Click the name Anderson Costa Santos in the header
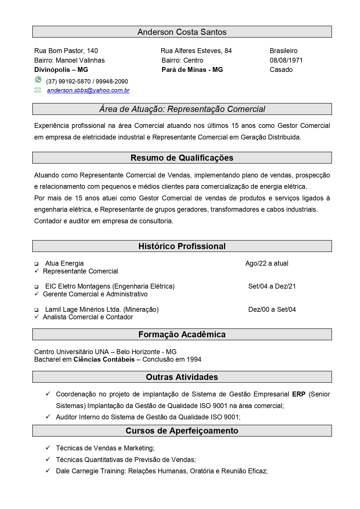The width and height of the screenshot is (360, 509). pos(182,32)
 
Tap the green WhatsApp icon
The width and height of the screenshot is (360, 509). pos(38,79)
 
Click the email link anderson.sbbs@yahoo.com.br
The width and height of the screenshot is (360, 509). pos(88,90)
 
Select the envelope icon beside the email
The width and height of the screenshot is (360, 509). pos(38,90)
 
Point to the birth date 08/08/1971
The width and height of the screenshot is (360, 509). pos(286,60)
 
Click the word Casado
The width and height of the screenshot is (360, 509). pos(281,70)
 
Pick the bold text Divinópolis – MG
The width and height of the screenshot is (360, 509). pos(61,70)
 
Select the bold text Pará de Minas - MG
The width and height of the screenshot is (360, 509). pos(192,70)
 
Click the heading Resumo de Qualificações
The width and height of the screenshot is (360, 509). pos(182,158)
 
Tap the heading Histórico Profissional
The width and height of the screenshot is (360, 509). pos(182,246)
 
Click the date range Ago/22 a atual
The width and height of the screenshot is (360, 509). pos(267,263)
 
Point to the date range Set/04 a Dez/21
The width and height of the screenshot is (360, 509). pos(272,286)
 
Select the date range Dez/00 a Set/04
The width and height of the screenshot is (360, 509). pos(272,309)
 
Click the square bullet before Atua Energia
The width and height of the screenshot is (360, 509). pos(37,264)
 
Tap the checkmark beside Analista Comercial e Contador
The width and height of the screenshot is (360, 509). pos(37,317)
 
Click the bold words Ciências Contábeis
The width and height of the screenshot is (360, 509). pos(104,360)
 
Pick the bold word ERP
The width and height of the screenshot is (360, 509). pos(299,394)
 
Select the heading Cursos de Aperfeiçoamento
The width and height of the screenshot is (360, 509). pos(182,431)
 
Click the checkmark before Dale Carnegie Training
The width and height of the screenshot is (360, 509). pos(48,470)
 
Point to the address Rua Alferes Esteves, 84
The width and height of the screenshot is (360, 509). pos(196,51)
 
